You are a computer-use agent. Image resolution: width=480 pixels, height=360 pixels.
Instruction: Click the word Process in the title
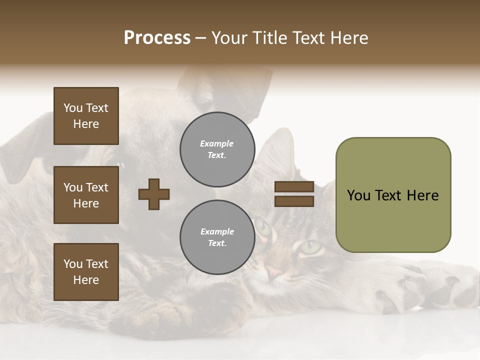point(157,38)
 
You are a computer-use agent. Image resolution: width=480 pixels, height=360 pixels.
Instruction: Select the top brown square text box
point(86,116)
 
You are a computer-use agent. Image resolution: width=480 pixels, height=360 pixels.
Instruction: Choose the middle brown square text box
point(86,195)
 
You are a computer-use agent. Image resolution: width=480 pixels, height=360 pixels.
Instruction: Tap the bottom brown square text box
point(86,272)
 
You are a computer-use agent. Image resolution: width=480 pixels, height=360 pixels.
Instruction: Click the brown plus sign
point(154,194)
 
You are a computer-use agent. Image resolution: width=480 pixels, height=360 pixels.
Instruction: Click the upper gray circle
point(217,149)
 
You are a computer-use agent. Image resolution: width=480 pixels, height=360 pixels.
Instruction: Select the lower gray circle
point(217,237)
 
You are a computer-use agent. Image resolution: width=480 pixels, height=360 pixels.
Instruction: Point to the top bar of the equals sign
point(294,187)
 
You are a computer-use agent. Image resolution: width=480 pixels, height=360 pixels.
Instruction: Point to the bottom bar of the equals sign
point(294,201)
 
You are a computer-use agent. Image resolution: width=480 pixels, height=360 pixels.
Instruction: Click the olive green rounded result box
point(393,195)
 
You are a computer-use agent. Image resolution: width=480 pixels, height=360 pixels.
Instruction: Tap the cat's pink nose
point(273,272)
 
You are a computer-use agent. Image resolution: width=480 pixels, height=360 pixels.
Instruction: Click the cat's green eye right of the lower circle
point(310,246)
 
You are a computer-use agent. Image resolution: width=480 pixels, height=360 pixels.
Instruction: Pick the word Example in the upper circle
point(217,143)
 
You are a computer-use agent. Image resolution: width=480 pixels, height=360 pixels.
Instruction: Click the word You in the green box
point(358,195)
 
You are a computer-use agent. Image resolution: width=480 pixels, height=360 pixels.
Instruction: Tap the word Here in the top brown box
point(86,124)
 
